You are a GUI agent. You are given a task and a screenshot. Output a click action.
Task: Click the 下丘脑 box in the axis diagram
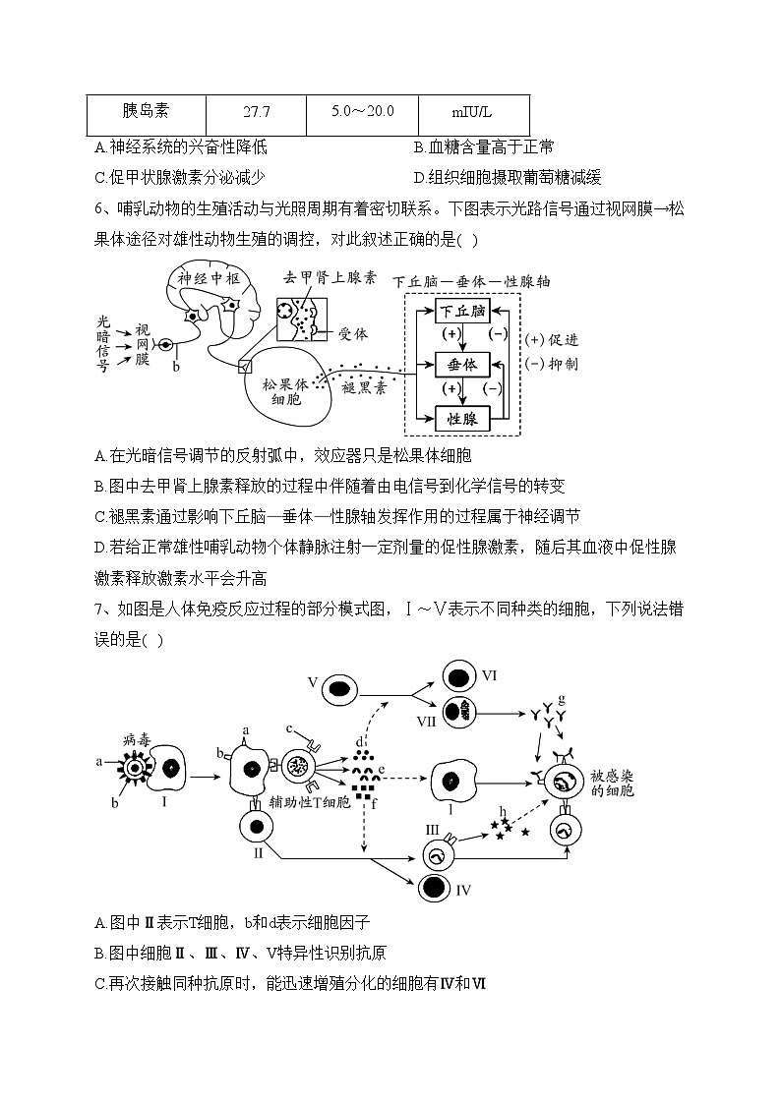tap(462, 312)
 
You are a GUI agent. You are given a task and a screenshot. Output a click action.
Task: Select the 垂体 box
tap(462, 365)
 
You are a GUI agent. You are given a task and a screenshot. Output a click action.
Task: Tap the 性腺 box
tap(462, 419)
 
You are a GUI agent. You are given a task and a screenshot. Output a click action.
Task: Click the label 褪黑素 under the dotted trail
tap(363, 388)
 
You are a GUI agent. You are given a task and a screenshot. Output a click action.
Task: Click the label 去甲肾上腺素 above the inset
tap(330, 278)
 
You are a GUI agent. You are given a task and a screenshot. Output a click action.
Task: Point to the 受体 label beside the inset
tap(352, 334)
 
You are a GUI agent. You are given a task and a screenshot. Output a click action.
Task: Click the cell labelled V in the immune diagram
tap(340, 687)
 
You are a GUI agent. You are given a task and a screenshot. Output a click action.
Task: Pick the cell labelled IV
tap(431, 888)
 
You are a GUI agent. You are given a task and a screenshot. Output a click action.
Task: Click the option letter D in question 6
tap(100, 547)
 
